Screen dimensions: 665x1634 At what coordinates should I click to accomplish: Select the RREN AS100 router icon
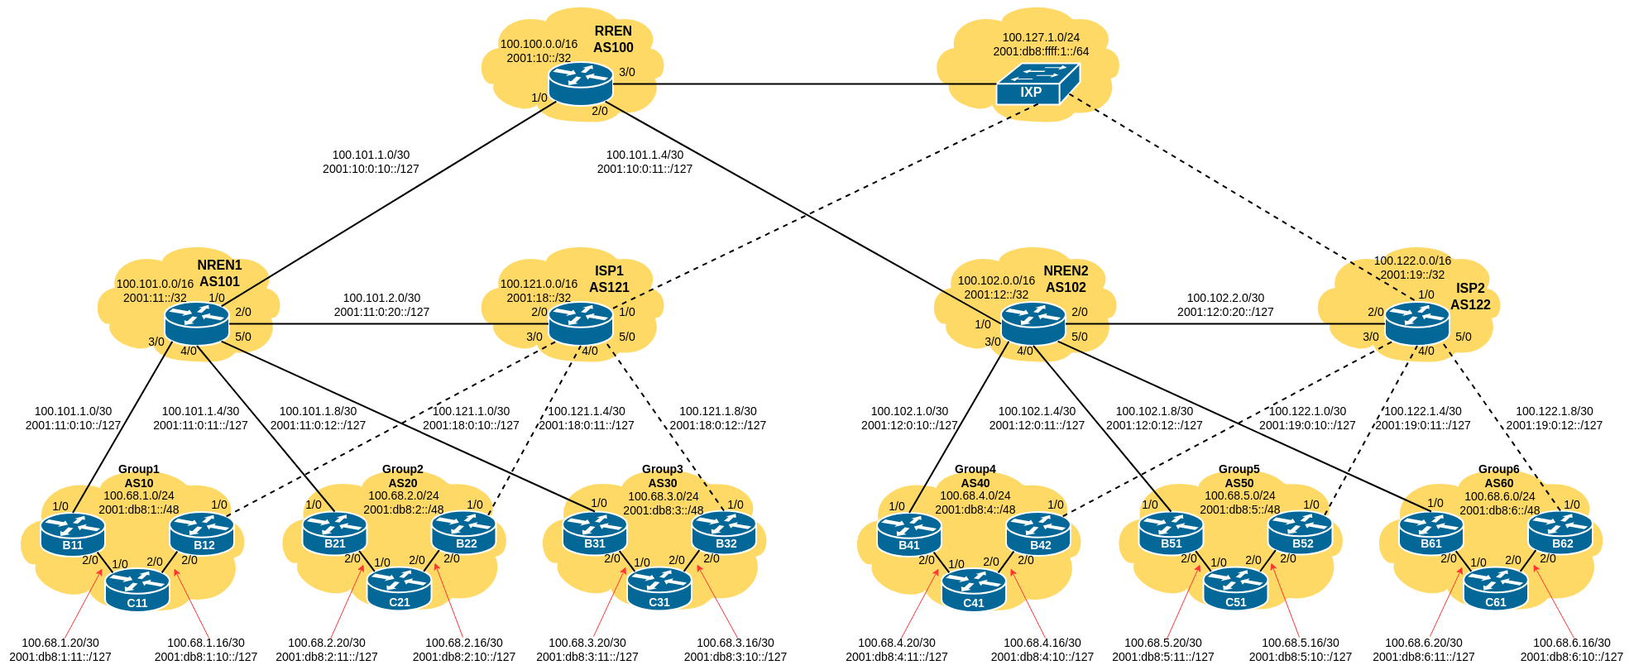(580, 84)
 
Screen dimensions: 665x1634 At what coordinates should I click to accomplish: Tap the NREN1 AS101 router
(196, 323)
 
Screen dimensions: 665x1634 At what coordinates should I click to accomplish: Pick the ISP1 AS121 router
(580, 323)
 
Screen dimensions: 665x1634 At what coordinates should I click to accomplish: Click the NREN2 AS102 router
(1033, 323)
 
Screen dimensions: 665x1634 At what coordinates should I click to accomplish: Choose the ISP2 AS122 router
(1416, 323)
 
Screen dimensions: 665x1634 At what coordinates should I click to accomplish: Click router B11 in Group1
(73, 534)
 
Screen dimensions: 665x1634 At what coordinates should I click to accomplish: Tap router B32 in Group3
(725, 533)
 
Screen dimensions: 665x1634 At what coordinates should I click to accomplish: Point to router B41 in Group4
(908, 534)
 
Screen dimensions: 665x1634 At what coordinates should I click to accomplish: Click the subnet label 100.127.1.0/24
(1041, 37)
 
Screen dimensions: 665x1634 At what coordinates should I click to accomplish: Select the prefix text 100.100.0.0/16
(539, 44)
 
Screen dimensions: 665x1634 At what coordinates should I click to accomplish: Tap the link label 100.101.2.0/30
(381, 298)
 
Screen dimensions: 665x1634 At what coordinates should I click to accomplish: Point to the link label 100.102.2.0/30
(1225, 298)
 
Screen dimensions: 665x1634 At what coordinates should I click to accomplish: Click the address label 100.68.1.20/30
(60, 643)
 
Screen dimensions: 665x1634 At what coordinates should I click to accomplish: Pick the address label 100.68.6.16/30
(1571, 643)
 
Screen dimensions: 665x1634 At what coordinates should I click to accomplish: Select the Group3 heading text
(662, 469)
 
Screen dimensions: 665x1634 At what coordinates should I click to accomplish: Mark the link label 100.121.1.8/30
(717, 411)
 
